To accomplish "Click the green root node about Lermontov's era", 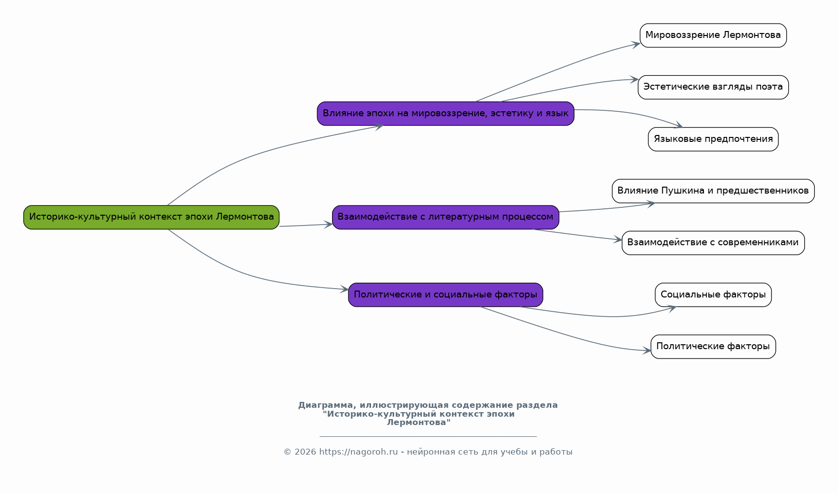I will coord(151,217).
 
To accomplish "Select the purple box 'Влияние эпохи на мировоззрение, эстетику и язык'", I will coord(445,114).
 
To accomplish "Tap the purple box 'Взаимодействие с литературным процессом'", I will coord(445,217).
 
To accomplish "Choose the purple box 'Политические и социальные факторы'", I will coord(445,295).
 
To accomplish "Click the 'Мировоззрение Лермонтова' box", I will coord(713,35).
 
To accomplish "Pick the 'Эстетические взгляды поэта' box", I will coord(713,87).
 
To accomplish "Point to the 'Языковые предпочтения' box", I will coord(713,139).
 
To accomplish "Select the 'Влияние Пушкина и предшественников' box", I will coord(713,191).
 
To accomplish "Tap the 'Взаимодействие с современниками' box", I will coord(713,243).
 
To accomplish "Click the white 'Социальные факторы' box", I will coord(713,295).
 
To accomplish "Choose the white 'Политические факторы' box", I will coord(713,347).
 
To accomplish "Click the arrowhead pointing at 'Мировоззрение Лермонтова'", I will coord(636,44).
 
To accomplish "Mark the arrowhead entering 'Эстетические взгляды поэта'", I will coord(635,79).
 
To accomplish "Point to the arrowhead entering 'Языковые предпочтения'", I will coord(678,126).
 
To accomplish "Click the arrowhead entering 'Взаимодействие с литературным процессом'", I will coord(329,225).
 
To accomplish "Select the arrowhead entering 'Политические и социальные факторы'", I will coord(344,290).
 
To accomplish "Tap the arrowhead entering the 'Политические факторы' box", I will coord(647,351).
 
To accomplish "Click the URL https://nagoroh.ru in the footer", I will coord(358,452).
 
